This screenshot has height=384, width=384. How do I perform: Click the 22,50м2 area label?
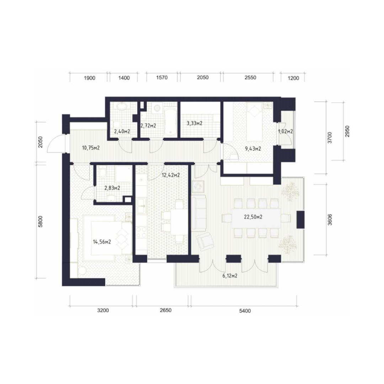click(253, 217)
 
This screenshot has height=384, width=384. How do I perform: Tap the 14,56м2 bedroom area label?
click(102, 242)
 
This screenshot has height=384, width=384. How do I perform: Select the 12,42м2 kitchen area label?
click(171, 175)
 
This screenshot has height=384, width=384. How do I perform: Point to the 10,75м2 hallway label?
click(91, 148)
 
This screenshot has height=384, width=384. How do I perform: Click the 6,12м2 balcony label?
click(230, 276)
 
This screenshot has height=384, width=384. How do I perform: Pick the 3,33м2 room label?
click(194, 123)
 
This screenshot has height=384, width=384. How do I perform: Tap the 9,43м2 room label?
click(253, 149)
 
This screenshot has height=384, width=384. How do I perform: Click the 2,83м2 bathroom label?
click(112, 188)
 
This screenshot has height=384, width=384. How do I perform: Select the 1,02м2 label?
click(286, 132)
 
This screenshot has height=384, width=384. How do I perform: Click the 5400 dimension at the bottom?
click(245, 311)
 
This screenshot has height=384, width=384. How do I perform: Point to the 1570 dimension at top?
click(162, 78)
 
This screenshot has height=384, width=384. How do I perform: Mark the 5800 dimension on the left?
click(41, 222)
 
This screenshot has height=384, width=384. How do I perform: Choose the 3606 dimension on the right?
click(330, 219)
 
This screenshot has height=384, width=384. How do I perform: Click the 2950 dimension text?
click(347, 131)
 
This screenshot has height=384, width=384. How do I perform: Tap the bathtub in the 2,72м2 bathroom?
click(170, 121)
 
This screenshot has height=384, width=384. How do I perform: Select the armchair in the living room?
click(205, 241)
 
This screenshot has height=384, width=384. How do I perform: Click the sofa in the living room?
click(199, 213)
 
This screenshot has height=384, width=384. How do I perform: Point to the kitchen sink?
click(142, 206)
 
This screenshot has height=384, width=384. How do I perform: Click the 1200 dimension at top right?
click(293, 78)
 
